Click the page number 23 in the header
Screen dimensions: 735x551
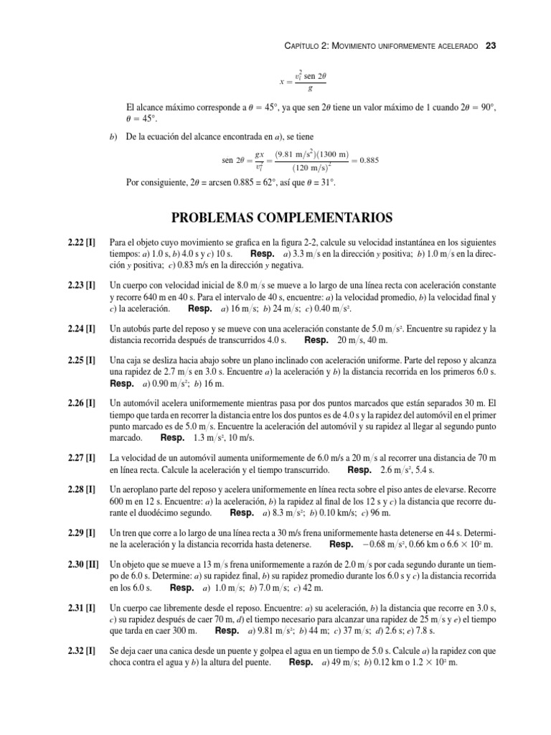(491, 45)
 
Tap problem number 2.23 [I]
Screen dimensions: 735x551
(77, 285)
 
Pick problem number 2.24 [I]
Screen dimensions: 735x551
(77, 328)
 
